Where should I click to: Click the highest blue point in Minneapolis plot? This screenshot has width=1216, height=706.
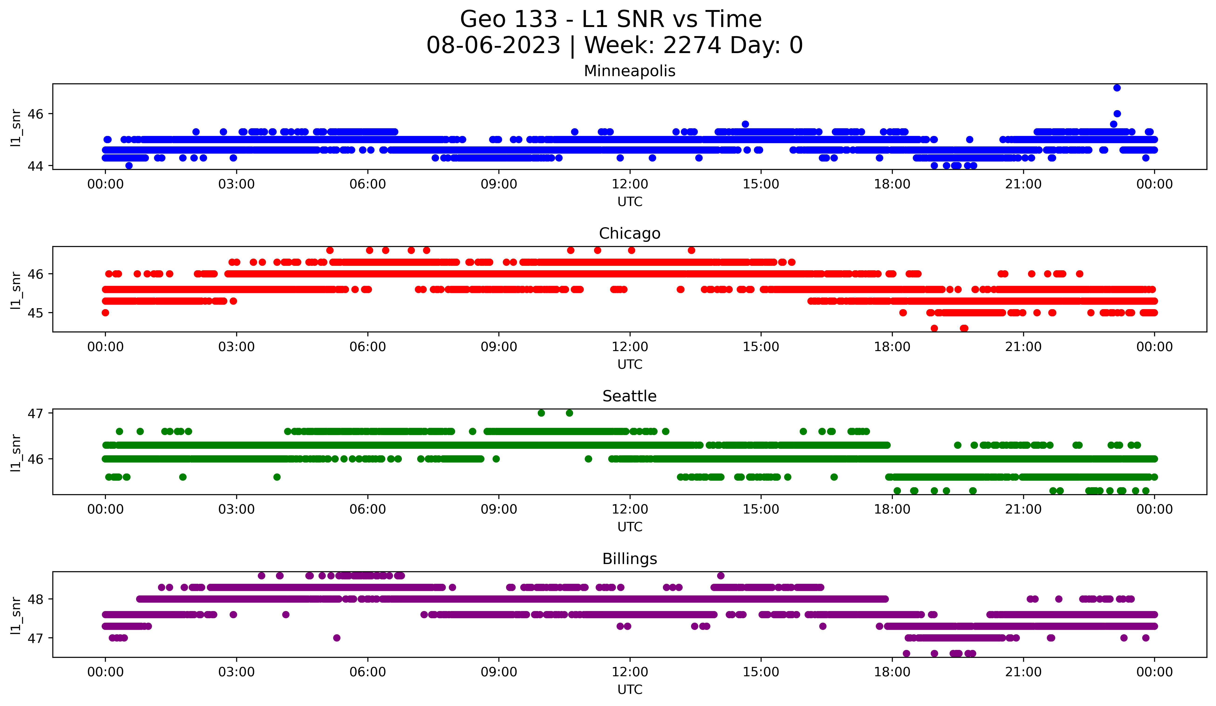1117,88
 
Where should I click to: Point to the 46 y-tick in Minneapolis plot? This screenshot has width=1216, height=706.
36,114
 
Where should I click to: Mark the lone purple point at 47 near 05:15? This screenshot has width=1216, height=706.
337,638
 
